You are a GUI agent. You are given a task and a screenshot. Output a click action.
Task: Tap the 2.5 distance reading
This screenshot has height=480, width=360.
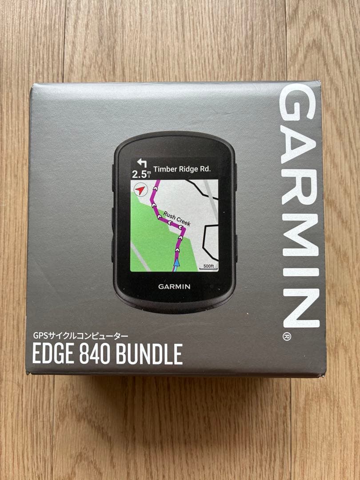pos(138,174)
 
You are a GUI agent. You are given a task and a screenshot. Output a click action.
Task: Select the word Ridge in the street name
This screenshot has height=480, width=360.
pos(186,169)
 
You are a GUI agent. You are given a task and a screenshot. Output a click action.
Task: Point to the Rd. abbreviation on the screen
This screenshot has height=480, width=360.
pos(205,169)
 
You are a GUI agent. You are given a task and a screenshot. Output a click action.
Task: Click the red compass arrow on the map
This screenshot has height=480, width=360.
pos(140,190)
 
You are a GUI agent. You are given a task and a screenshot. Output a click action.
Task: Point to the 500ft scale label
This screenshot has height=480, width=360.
pos(209,266)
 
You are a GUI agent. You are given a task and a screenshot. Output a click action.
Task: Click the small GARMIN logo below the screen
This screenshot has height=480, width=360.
pos(174,287)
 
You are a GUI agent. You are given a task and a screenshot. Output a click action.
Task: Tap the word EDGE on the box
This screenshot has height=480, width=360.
pos(53,354)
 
